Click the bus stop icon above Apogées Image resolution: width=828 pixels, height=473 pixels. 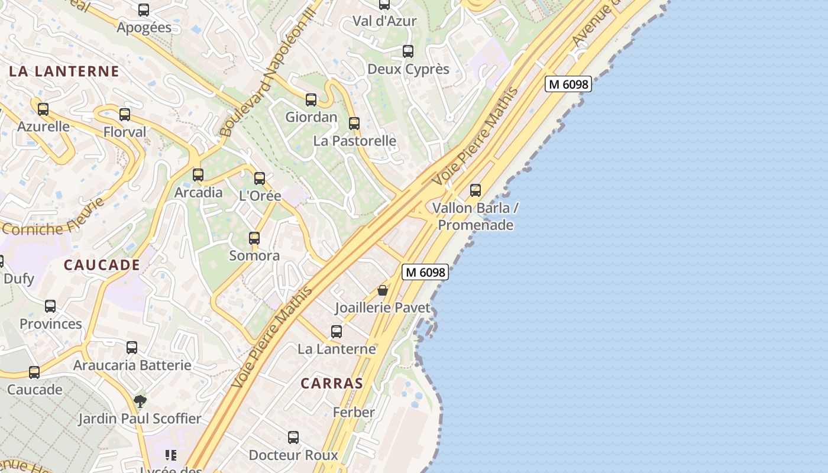coord(144,10)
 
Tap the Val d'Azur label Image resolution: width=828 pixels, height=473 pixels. coord(384,21)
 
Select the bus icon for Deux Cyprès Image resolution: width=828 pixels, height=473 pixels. coord(408,51)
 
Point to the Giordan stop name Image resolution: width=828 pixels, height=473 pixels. coord(311,117)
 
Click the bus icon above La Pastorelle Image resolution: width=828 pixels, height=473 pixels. coord(354,124)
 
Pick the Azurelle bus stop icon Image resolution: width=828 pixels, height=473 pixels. coord(43,109)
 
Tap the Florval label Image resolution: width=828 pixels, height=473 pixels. coord(125,132)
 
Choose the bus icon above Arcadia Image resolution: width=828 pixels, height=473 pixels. coord(198,175)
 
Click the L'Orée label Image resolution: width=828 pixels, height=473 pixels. coord(260,196)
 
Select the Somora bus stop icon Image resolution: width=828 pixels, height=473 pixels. coord(254,238)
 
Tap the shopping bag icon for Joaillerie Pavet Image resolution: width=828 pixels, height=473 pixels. coord(383,290)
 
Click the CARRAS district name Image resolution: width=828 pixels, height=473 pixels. coord(331,383)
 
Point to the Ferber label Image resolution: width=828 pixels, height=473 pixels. coord(354,412)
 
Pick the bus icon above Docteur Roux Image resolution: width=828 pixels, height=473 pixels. coord(293,438)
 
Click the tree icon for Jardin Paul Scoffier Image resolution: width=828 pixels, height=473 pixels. coord(140,401)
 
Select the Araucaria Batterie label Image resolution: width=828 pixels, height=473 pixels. coord(132,365)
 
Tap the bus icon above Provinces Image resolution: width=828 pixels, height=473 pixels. coord(50,306)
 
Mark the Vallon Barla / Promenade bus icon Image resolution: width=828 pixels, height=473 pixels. coord(476,190)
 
